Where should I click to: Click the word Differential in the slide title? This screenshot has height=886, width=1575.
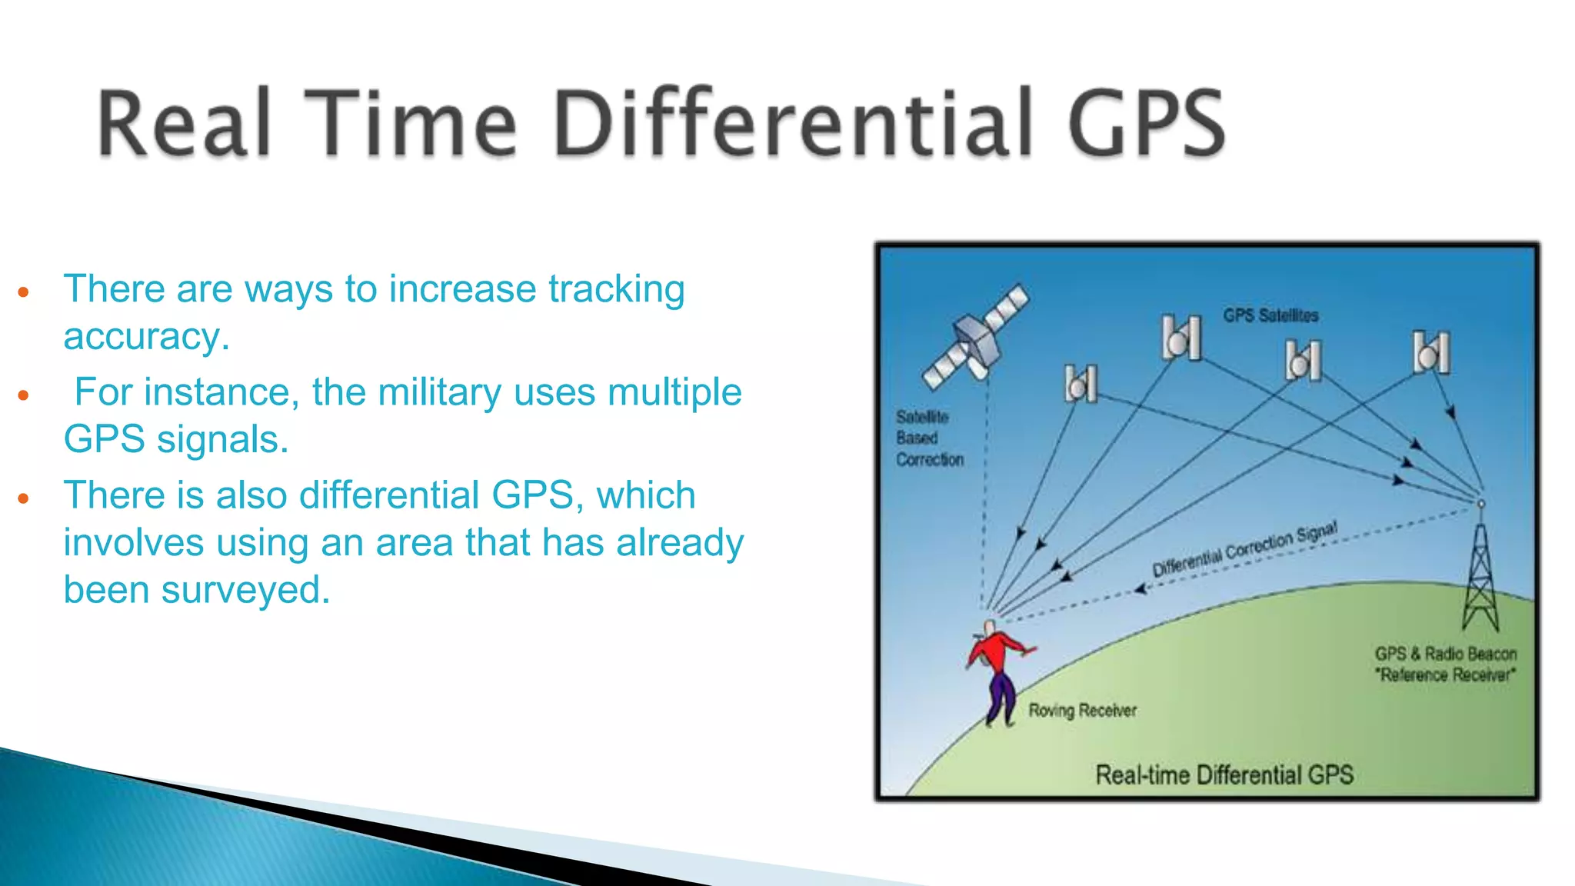click(793, 123)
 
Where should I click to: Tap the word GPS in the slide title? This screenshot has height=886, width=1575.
click(1146, 123)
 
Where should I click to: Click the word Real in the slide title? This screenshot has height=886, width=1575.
click(185, 123)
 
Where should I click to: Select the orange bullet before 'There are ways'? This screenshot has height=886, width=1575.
click(23, 292)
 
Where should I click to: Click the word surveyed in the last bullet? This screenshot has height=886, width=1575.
click(245, 591)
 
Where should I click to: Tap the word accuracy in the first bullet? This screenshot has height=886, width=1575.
click(145, 337)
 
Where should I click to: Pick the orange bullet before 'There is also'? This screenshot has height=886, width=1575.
click(23, 498)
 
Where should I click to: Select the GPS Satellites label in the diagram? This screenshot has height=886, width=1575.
click(1270, 315)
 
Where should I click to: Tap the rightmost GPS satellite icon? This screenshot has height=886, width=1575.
click(1431, 352)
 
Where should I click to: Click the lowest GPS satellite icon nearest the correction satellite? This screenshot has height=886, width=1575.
click(1081, 383)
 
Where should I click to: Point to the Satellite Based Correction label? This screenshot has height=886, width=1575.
click(928, 438)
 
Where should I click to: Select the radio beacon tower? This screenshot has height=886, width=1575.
click(1480, 573)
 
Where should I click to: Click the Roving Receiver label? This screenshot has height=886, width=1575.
click(1082, 711)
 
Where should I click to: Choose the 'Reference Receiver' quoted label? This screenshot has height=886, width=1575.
click(1446, 675)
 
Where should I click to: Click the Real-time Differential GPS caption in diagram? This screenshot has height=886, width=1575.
click(1224, 774)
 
